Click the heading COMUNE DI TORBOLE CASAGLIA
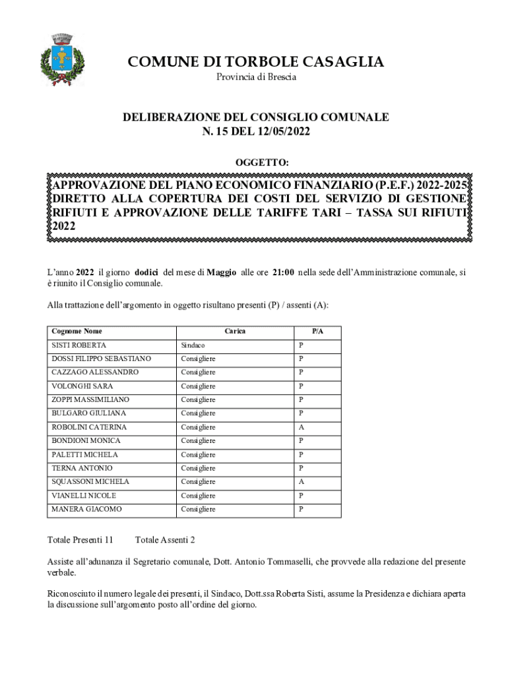click(255, 62)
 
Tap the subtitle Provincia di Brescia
click(257, 77)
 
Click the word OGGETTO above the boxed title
click(262, 162)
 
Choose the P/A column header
click(317, 331)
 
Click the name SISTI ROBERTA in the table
click(79, 345)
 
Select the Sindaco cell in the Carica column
click(193, 345)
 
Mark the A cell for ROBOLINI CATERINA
click(301, 427)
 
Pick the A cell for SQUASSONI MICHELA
click(301, 482)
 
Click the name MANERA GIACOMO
click(87, 509)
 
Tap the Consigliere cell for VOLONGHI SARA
click(198, 386)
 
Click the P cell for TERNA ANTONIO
click(301, 468)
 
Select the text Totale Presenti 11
click(80, 540)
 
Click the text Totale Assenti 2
click(165, 540)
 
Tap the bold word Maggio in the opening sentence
click(222, 272)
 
